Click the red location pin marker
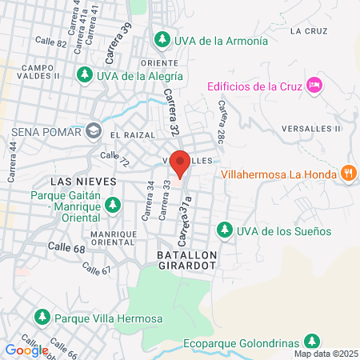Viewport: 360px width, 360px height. pyautogui.click(x=180, y=163)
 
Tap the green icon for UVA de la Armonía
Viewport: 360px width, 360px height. pyautogui.click(x=162, y=38)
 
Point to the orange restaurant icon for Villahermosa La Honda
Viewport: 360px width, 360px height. pyautogui.click(x=348, y=173)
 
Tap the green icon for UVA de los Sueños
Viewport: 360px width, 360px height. pyautogui.click(x=226, y=230)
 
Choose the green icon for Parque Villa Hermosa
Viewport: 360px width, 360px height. pyautogui.click(x=42, y=317)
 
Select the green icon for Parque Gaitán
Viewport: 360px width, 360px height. pyautogui.click(x=113, y=205)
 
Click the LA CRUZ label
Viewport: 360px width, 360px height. pyautogui.click(x=309, y=31)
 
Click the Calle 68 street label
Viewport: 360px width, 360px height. pyautogui.click(x=66, y=248)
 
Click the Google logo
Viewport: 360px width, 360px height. pyautogui.click(x=26, y=350)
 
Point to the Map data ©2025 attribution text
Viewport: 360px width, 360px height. pyautogui.click(x=324, y=354)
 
